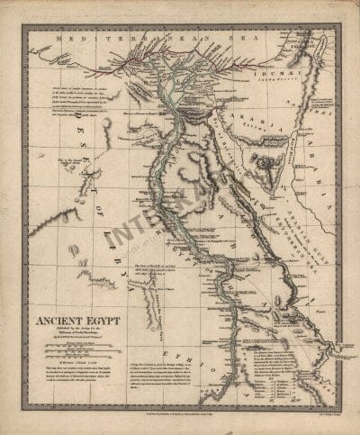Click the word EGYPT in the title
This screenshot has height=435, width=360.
(x=100, y=318)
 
